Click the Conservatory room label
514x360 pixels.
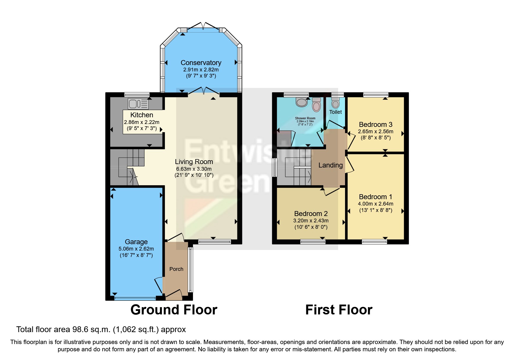[x=201, y=63]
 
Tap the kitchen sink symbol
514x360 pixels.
[x=138, y=104]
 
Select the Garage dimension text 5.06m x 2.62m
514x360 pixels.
[x=136, y=249]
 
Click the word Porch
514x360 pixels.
[x=176, y=269]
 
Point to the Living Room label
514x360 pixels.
[x=194, y=162]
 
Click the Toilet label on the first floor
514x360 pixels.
[x=335, y=112]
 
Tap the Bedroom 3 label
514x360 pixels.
[x=376, y=125]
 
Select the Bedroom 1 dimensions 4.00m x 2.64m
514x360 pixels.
[x=376, y=204]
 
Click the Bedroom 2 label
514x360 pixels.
[x=311, y=214]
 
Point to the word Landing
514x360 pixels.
[x=331, y=165]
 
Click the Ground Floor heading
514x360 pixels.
[x=174, y=310]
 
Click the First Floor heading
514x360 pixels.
[x=339, y=310]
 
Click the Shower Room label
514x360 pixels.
[x=305, y=118]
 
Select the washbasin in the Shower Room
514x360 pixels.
[x=302, y=102]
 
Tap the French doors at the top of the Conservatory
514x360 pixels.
[x=203, y=26]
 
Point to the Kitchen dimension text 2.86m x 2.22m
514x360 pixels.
[x=142, y=123]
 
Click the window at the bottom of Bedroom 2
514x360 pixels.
[x=313, y=242]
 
